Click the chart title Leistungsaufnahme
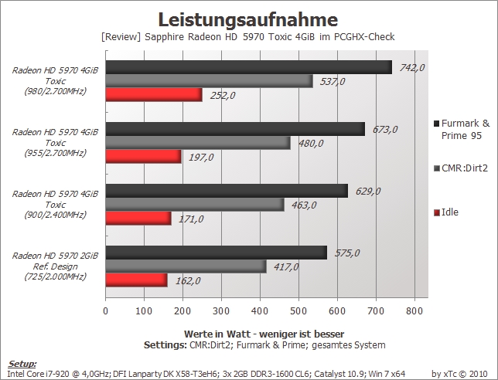248,19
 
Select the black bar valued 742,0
249,67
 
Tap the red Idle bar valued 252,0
154,95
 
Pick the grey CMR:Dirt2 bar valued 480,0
198,143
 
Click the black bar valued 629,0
227,191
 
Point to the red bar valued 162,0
137,280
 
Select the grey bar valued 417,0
186,266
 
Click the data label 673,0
385,130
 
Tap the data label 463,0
304,205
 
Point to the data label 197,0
201,157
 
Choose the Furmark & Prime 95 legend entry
462,130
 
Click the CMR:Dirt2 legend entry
461,168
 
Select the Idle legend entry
446,212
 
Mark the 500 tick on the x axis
298,310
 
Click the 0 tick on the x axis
106,310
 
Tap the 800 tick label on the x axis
414,310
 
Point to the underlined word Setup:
22,364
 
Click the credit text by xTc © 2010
459,374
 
